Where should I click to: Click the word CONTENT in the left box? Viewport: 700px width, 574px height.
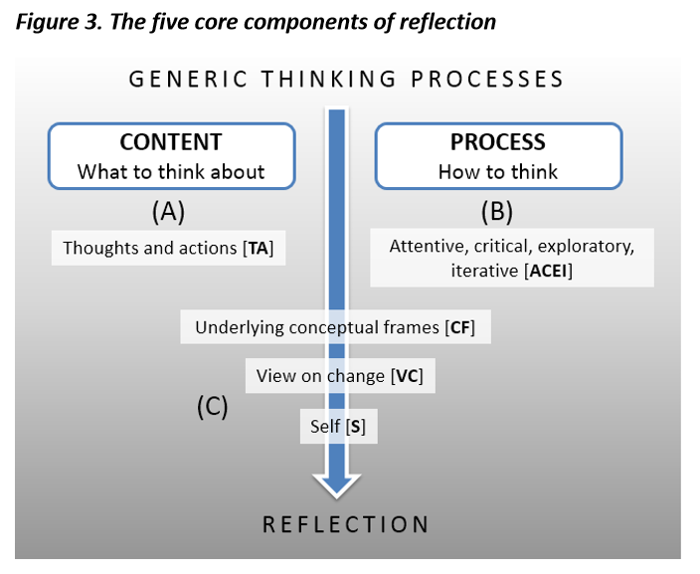pos(171,141)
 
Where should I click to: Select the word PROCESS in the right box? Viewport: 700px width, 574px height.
pos(497,141)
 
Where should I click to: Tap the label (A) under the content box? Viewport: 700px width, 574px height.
pos(168,211)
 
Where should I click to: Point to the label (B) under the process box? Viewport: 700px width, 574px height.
pos(497,211)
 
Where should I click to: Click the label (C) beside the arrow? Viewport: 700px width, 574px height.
pos(211,406)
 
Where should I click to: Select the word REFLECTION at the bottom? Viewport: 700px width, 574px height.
pos(345,524)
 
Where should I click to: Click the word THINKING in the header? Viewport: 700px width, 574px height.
pos(320,80)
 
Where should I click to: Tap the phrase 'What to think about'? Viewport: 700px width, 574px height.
pos(171,171)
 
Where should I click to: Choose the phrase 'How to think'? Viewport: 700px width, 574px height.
pos(497,171)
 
